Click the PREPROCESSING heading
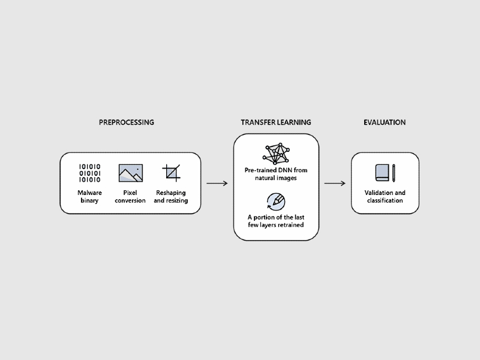pyautogui.click(x=127, y=122)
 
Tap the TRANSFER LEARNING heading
pyautogui.click(x=276, y=122)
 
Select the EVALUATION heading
pyautogui.click(x=385, y=122)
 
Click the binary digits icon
pyautogui.click(x=90, y=173)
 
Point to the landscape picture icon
pyautogui.click(x=130, y=173)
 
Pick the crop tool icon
pyautogui.click(x=172, y=173)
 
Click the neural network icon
pyautogui.click(x=276, y=154)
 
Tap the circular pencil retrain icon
pyautogui.click(x=276, y=201)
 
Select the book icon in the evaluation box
pyautogui.click(x=382, y=173)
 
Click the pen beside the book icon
pyautogui.click(x=394, y=173)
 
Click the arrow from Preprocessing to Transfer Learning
pyautogui.click(x=217, y=183)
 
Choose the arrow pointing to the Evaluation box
pyautogui.click(x=335, y=183)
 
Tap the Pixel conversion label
pyautogui.click(x=130, y=196)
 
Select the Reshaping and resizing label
pyautogui.click(x=171, y=196)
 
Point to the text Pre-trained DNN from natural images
pyautogui.click(x=276, y=173)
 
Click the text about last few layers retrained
pyautogui.click(x=276, y=221)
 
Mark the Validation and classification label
pyautogui.click(x=385, y=196)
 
